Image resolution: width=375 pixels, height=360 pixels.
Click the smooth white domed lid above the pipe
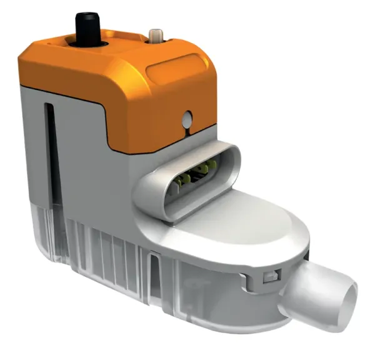tap(250, 219)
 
